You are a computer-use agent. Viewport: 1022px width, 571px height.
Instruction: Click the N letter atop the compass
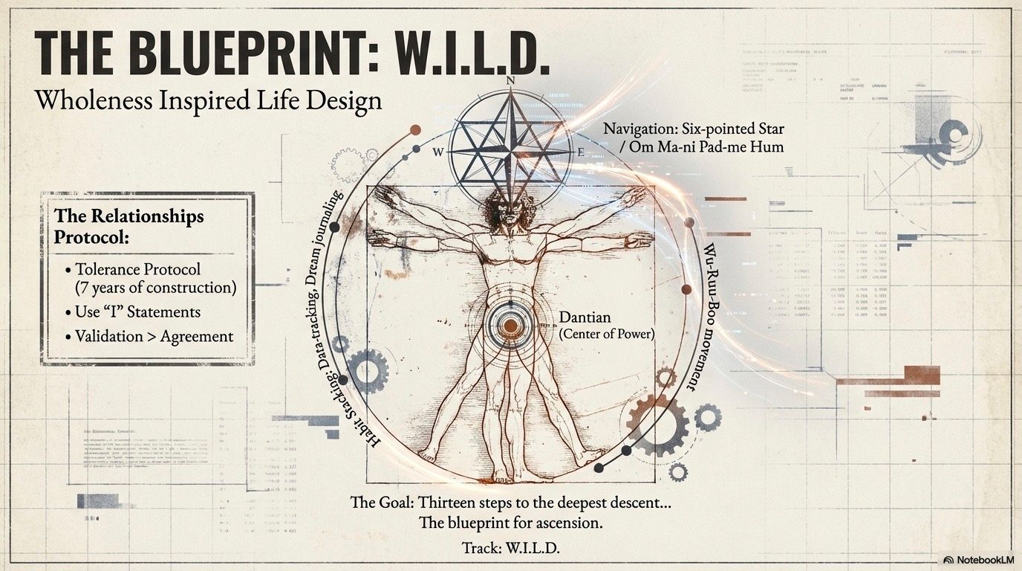pos(510,81)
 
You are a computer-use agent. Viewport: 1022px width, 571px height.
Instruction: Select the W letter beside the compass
pos(437,152)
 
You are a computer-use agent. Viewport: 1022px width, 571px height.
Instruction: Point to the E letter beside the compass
pos(581,152)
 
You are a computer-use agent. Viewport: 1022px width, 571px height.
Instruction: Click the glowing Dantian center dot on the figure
pos(510,326)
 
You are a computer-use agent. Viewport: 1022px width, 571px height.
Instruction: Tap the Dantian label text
pos(585,317)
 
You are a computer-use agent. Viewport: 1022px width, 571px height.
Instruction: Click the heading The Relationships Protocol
pos(128,226)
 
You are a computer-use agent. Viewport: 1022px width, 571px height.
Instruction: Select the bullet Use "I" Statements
pos(137,312)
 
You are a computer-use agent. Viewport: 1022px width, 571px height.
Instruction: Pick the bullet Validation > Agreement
pos(154,336)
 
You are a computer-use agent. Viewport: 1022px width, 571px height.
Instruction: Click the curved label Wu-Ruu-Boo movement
pos(699,316)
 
